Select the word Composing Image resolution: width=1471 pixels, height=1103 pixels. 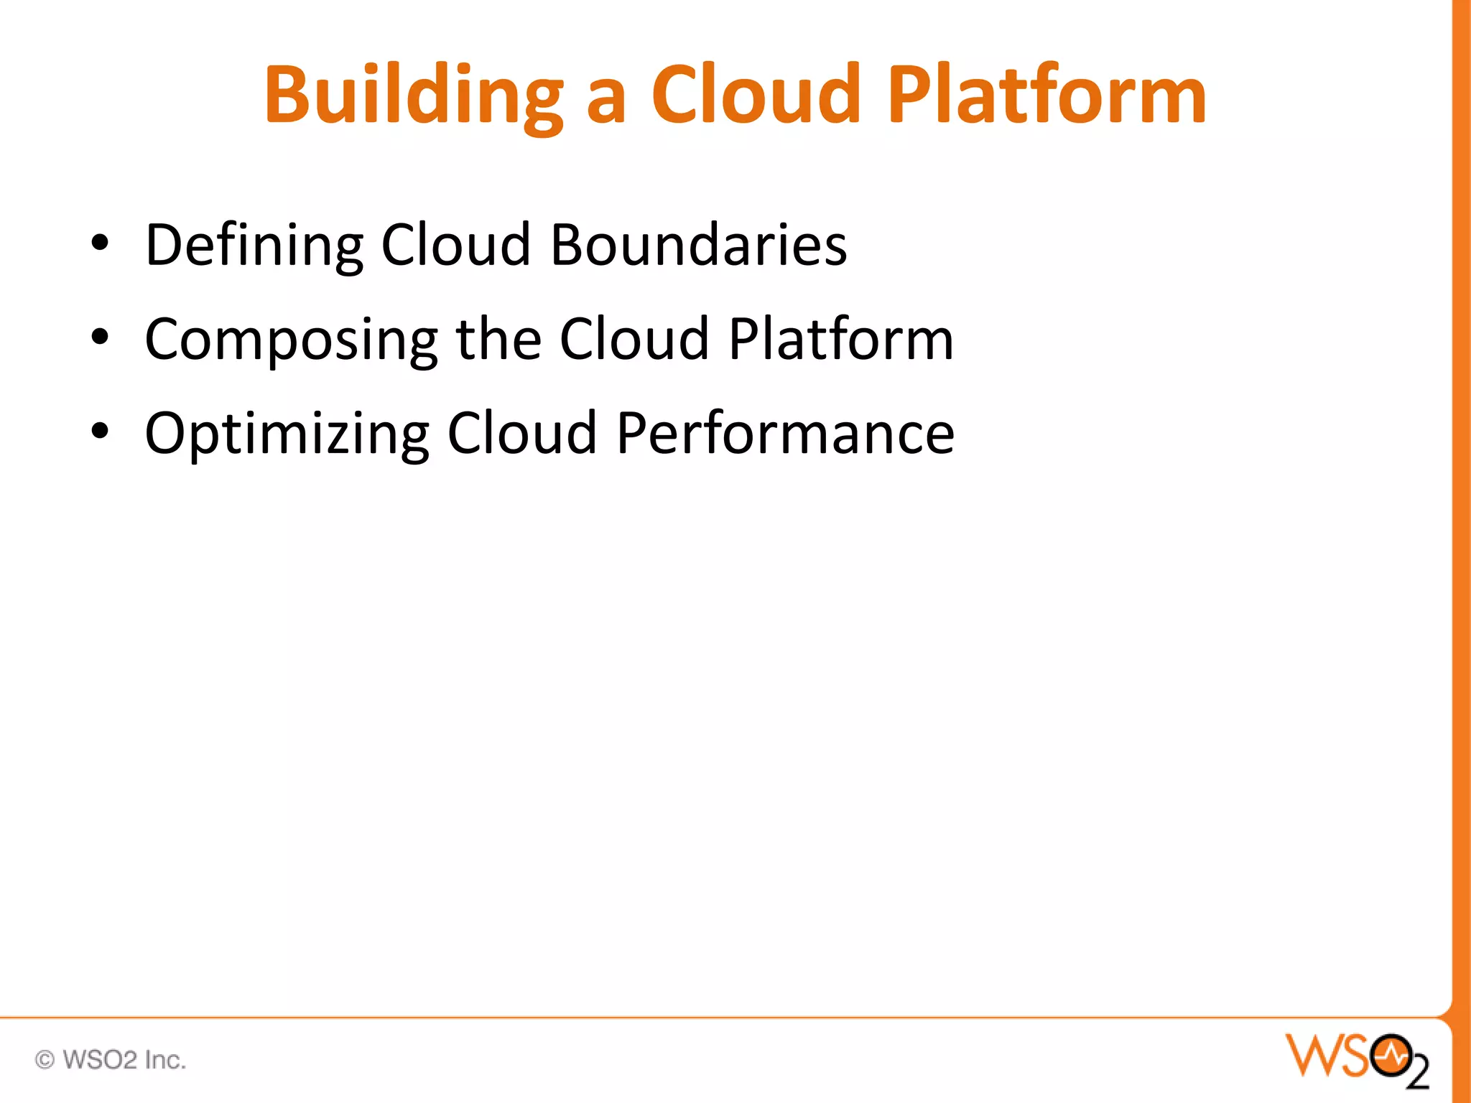[x=291, y=340]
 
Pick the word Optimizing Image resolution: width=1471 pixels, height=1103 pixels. [x=287, y=434]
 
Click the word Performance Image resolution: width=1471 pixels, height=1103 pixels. [x=785, y=434]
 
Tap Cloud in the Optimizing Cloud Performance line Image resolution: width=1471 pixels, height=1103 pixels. [x=522, y=434]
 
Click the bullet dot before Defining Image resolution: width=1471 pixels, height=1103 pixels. [x=100, y=243]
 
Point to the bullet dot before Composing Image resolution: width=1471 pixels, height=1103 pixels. [x=100, y=337]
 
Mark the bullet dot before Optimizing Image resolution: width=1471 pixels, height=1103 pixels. [x=100, y=431]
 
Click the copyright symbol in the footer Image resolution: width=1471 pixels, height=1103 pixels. [x=45, y=1060]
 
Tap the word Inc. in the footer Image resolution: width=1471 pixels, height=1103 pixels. [x=165, y=1060]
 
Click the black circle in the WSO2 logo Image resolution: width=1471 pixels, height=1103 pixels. [x=1391, y=1056]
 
